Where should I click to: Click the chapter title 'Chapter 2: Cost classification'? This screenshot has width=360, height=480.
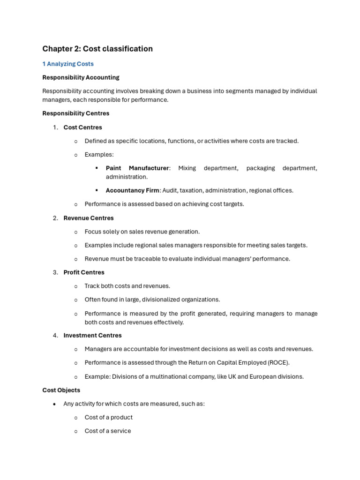click(x=97, y=49)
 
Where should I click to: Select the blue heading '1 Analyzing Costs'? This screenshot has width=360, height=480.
click(x=68, y=64)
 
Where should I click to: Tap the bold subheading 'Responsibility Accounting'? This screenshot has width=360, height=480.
click(x=81, y=77)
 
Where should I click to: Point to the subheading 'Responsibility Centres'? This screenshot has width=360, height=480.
click(x=75, y=113)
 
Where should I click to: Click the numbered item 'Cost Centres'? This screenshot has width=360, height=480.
click(x=82, y=127)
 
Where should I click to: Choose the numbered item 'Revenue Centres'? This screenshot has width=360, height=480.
click(x=89, y=218)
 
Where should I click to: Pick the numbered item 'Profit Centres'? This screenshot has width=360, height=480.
click(x=84, y=272)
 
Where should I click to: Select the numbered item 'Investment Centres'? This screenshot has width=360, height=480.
click(x=92, y=336)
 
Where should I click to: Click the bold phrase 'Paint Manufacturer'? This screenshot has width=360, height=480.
click(x=137, y=168)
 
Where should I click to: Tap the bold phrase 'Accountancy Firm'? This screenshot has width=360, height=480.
click(x=132, y=191)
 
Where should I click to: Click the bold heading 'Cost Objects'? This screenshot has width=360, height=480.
click(x=61, y=390)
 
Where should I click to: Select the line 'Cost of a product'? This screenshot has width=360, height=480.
click(x=108, y=418)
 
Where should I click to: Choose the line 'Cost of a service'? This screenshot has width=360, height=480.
click(x=108, y=431)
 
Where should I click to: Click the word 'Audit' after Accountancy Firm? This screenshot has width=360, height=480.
click(x=170, y=191)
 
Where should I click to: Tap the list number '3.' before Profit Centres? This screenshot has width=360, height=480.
click(x=55, y=272)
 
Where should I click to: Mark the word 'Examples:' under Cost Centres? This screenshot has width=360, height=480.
click(x=99, y=155)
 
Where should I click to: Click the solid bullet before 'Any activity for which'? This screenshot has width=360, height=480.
click(x=55, y=404)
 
